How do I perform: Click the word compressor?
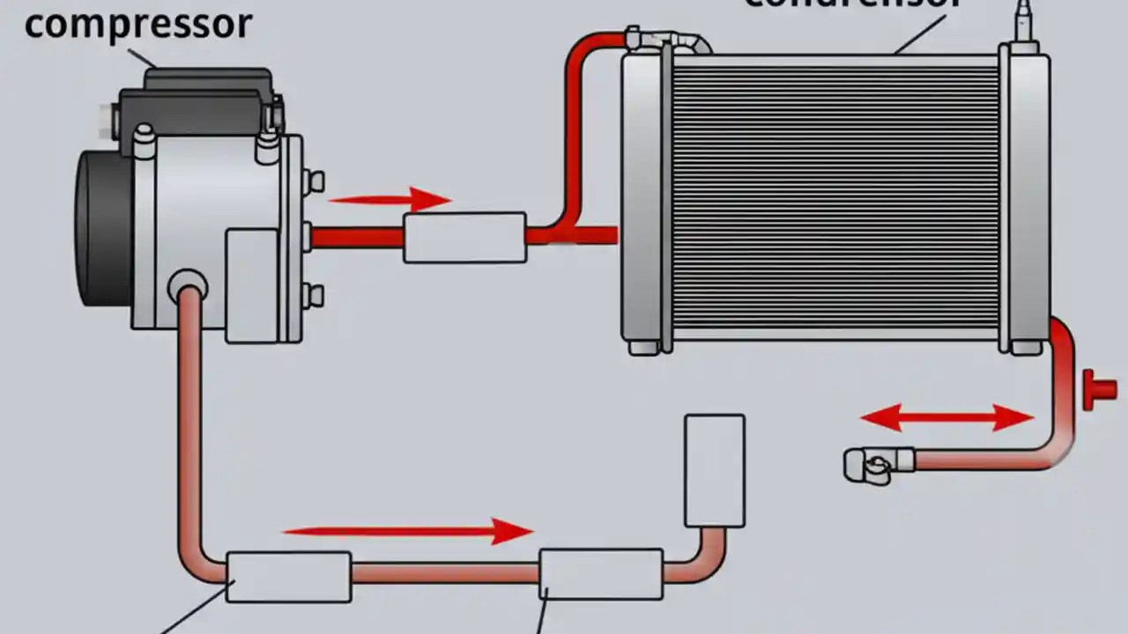point(137,24)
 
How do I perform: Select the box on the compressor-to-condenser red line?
point(464,237)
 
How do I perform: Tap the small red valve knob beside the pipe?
point(1098,388)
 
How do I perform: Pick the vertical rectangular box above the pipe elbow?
point(714,470)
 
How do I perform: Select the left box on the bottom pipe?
point(288,577)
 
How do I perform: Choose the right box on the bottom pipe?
point(601,574)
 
